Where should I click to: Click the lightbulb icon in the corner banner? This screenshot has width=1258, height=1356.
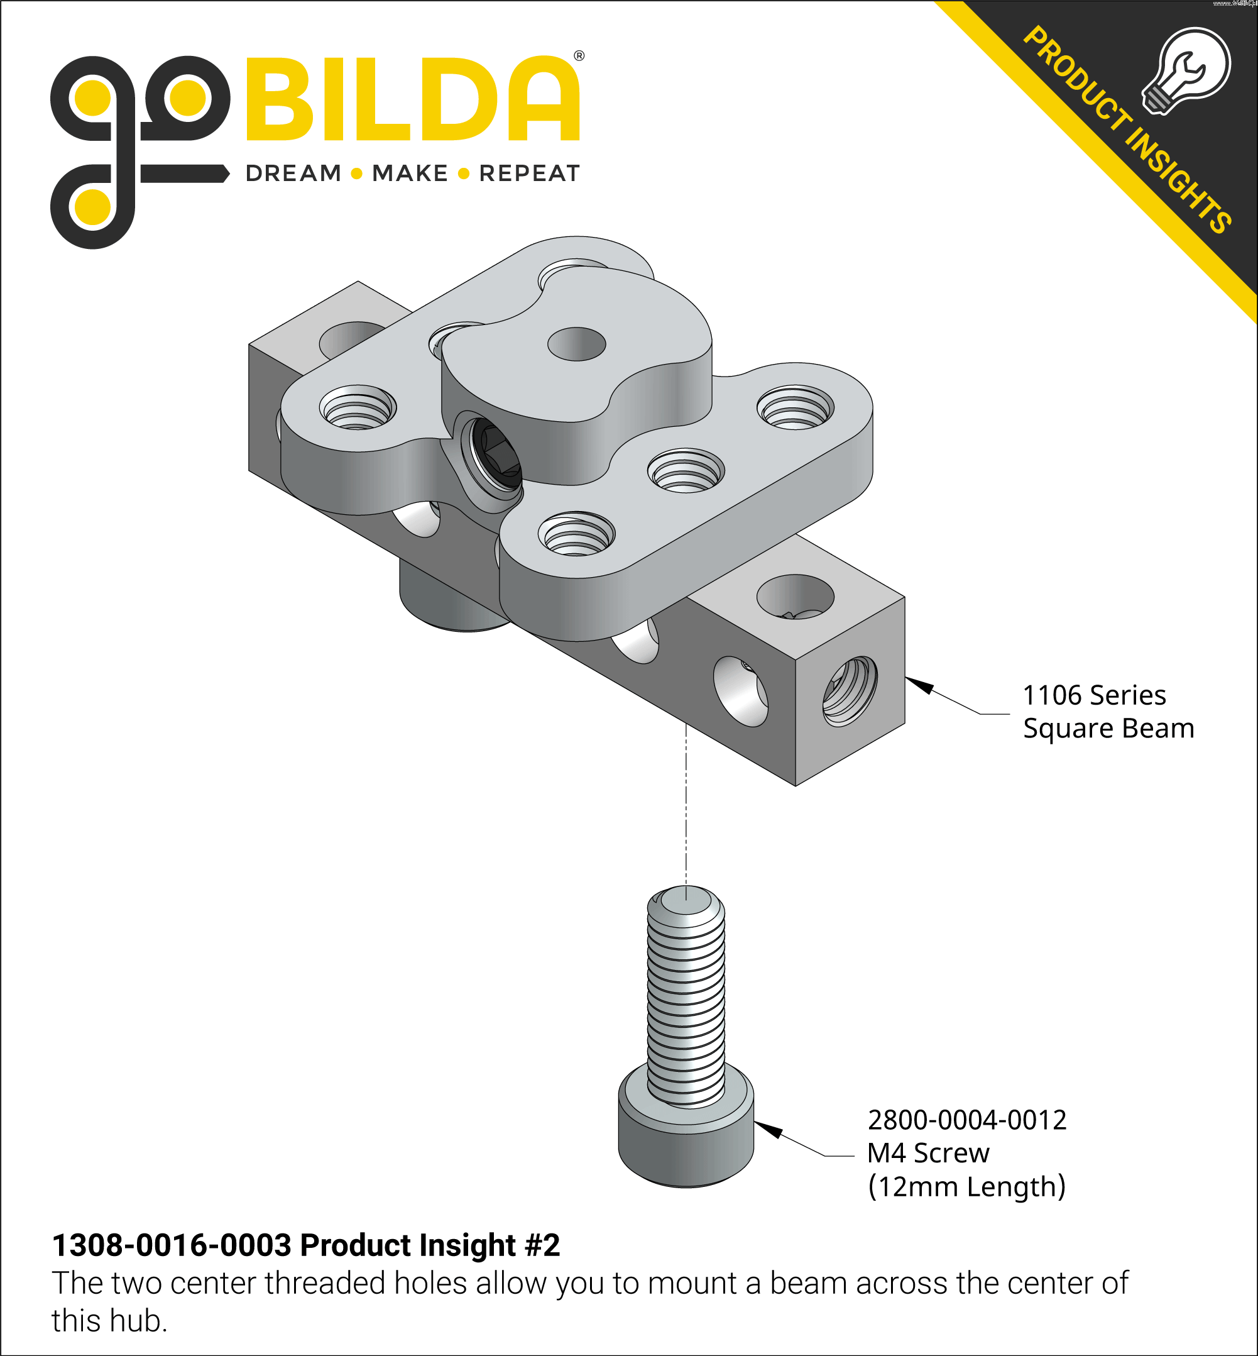pyautogui.click(x=1187, y=71)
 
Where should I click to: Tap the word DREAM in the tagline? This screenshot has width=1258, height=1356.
pyautogui.click(x=293, y=174)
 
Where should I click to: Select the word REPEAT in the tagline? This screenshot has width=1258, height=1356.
pyautogui.click(x=529, y=174)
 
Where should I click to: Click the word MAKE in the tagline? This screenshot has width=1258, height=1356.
pyautogui.click(x=410, y=174)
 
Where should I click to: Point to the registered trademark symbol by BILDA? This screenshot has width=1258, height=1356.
pyautogui.click(x=579, y=56)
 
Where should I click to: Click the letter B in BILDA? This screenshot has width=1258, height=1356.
pyautogui.click(x=279, y=99)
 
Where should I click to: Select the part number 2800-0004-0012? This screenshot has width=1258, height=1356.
pyautogui.click(x=966, y=1120)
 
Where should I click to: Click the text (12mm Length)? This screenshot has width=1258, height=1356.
pyautogui.click(x=966, y=1186)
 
